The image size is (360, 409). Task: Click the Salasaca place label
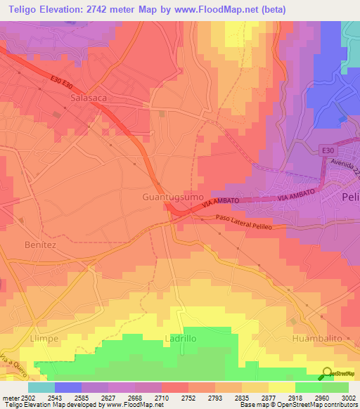[89, 98]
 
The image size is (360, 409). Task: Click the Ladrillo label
[184, 338]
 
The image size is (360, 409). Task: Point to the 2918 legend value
[281, 397]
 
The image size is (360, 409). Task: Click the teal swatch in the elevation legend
[41, 387]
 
